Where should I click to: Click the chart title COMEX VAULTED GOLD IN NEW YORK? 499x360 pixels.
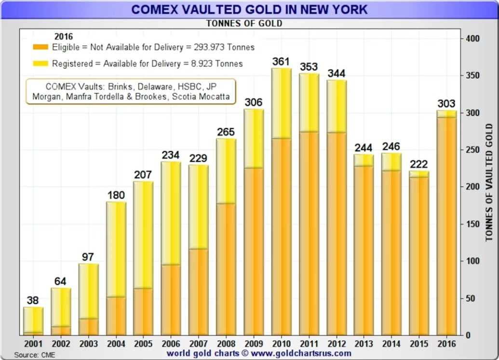coord(249,9)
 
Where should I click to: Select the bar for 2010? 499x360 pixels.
coord(281,202)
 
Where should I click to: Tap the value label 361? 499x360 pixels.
coord(281,62)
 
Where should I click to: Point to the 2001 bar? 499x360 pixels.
coord(33,321)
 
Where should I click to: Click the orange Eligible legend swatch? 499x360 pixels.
coord(40,47)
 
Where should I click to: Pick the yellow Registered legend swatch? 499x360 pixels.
coord(40,63)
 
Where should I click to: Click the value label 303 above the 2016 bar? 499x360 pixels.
coord(446,104)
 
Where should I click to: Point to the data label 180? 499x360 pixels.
coord(116,195)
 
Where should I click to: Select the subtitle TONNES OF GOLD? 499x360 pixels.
coord(244,23)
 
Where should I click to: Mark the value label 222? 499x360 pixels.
coord(419,164)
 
